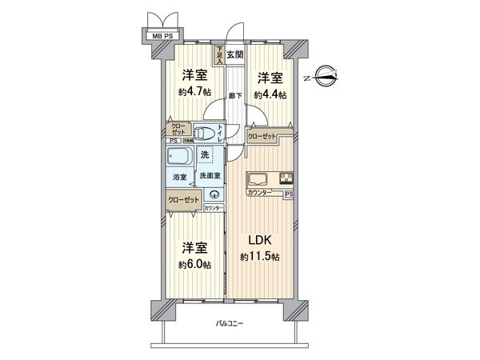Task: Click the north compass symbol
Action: click(325, 78)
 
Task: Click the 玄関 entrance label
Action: click(234, 54)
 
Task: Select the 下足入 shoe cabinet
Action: click(218, 54)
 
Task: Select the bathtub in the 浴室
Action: click(180, 157)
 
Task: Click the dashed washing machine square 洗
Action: click(206, 153)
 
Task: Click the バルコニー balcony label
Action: click(230, 324)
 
